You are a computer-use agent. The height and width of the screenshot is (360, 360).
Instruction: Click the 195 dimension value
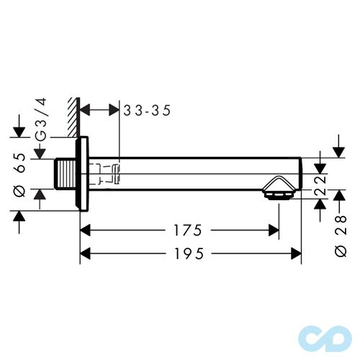(188, 253)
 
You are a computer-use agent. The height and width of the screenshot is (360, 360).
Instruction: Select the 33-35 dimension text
(149, 110)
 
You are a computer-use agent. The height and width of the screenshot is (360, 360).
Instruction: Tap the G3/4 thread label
(41, 125)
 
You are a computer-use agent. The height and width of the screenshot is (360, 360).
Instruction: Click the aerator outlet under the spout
(276, 191)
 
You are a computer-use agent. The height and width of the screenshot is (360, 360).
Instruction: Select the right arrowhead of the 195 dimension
(295, 253)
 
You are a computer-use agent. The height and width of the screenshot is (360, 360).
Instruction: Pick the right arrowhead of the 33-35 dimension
(112, 110)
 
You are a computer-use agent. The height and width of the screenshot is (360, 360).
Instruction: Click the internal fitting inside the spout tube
(109, 173)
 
